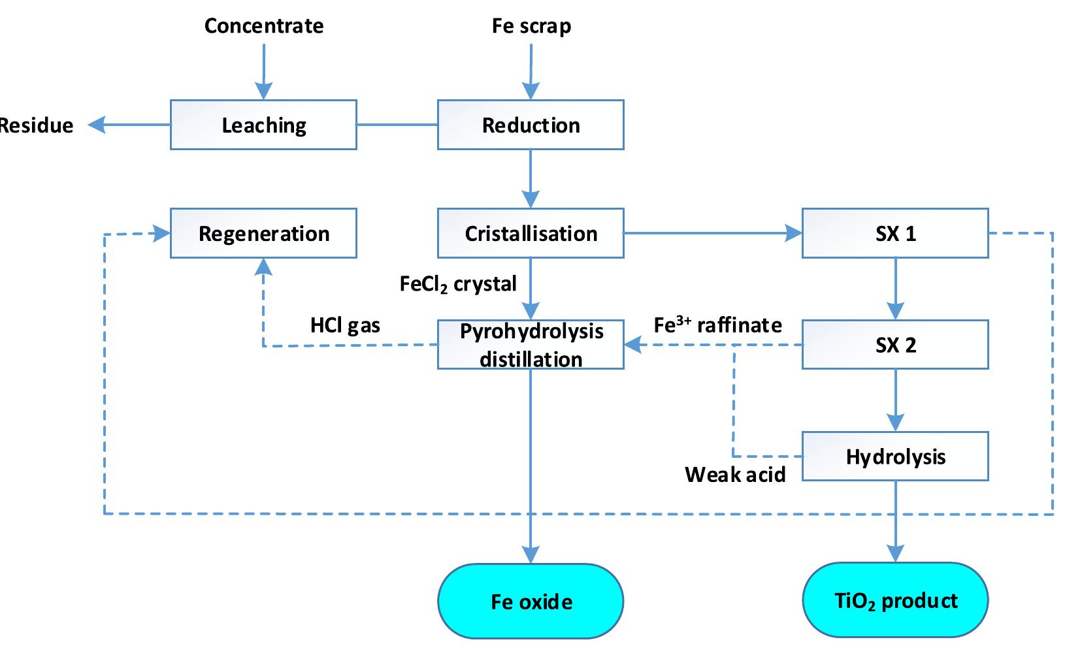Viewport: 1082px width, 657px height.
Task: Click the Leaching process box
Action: click(x=263, y=125)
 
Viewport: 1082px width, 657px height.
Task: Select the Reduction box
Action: click(x=531, y=125)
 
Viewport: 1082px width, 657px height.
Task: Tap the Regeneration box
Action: click(x=263, y=233)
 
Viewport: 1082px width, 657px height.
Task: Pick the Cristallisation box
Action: click(x=531, y=233)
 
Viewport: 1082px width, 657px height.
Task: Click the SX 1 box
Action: click(x=895, y=233)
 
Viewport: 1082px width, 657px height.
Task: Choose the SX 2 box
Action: click(x=895, y=344)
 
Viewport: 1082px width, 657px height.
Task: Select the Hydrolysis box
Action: click(x=895, y=456)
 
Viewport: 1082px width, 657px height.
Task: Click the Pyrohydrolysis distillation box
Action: click(x=531, y=344)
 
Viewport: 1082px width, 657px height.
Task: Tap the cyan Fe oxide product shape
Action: click(x=531, y=601)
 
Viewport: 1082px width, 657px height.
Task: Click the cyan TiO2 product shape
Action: click(x=895, y=601)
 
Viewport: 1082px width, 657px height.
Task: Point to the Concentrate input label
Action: click(x=263, y=25)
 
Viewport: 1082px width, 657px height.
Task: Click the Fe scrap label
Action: click(x=531, y=25)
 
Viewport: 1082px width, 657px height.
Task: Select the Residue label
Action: click(x=36, y=125)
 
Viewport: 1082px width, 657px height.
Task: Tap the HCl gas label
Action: click(x=345, y=325)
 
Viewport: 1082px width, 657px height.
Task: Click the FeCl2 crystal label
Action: click(x=457, y=283)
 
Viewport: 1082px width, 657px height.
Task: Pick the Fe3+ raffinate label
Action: click(x=717, y=325)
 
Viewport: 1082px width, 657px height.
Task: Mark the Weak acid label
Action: click(x=735, y=473)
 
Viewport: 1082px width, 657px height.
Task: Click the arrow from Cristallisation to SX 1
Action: click(x=712, y=233)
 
